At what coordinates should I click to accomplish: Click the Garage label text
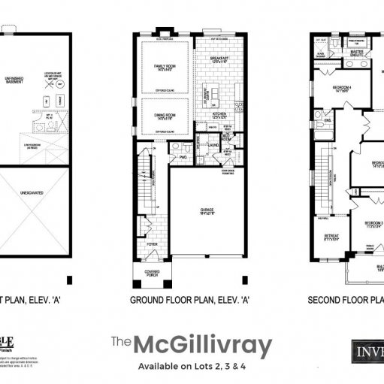coord(206,211)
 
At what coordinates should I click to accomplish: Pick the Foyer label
coord(153,244)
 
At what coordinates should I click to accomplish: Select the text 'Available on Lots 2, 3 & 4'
coord(192,367)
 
